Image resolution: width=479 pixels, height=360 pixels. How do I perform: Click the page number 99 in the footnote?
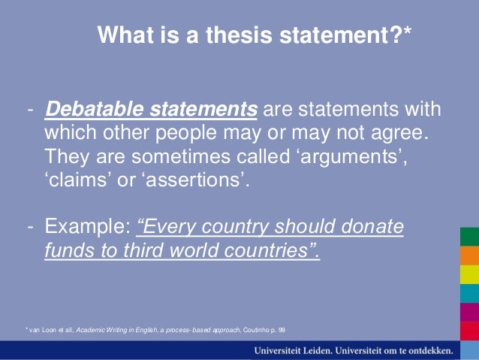pos(281,330)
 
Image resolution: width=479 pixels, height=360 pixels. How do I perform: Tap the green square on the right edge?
pos(469,237)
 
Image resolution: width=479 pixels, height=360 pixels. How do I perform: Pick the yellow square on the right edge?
pos(469,274)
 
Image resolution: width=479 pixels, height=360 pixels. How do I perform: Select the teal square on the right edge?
pos(469,292)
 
